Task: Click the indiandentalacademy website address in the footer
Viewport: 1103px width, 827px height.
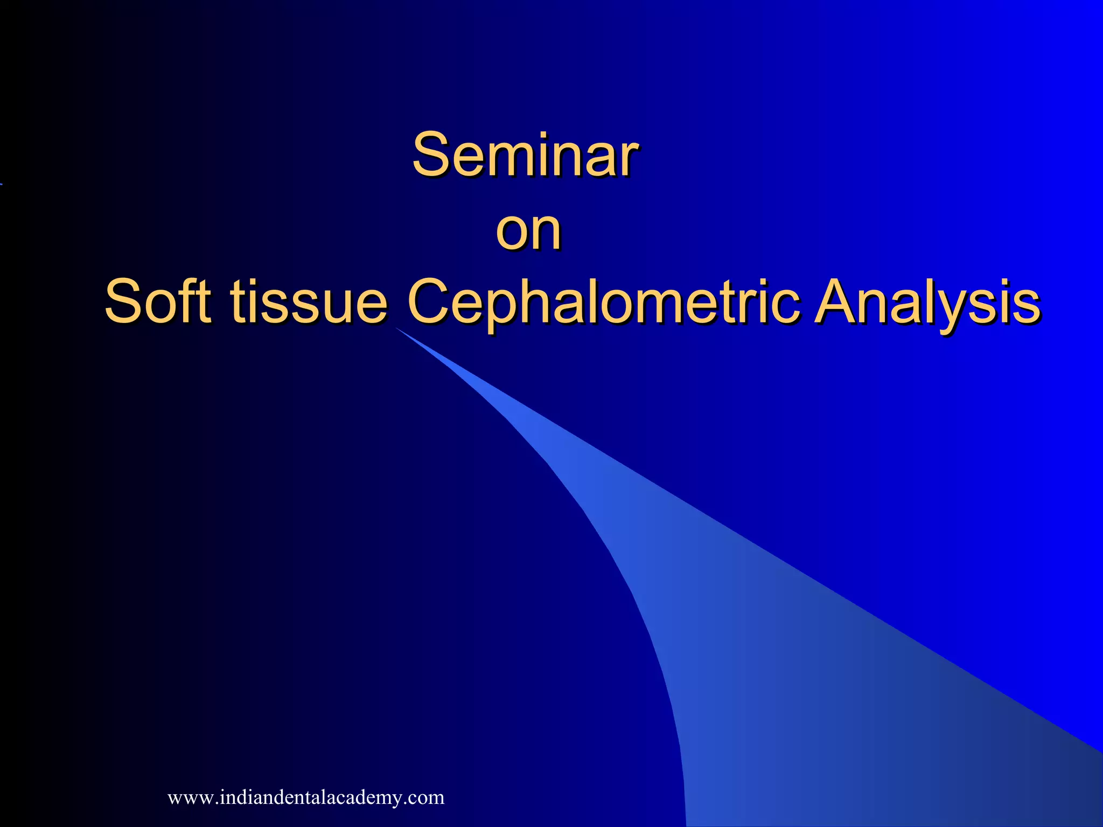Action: click(306, 797)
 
